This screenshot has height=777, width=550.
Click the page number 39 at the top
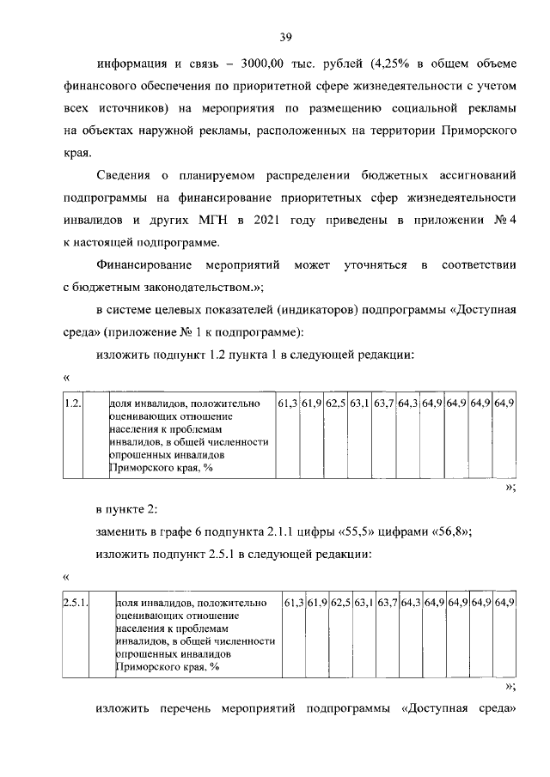coord(286,36)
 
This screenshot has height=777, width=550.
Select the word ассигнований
coord(474,175)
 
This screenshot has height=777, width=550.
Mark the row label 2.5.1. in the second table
coord(75,602)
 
